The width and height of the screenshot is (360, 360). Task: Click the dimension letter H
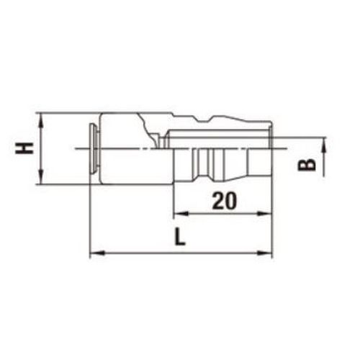[24, 148]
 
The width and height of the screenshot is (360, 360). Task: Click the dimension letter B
[307, 165]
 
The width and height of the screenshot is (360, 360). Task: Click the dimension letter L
[180, 237]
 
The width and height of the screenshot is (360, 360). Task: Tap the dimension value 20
[225, 200]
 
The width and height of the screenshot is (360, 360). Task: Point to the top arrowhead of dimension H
[42, 120]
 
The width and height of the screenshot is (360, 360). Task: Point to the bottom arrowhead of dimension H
[42, 176]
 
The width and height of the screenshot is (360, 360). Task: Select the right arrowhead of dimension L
[265, 253]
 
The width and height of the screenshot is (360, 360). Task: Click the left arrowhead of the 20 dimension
[181, 213]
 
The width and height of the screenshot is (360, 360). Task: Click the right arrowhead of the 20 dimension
[265, 213]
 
